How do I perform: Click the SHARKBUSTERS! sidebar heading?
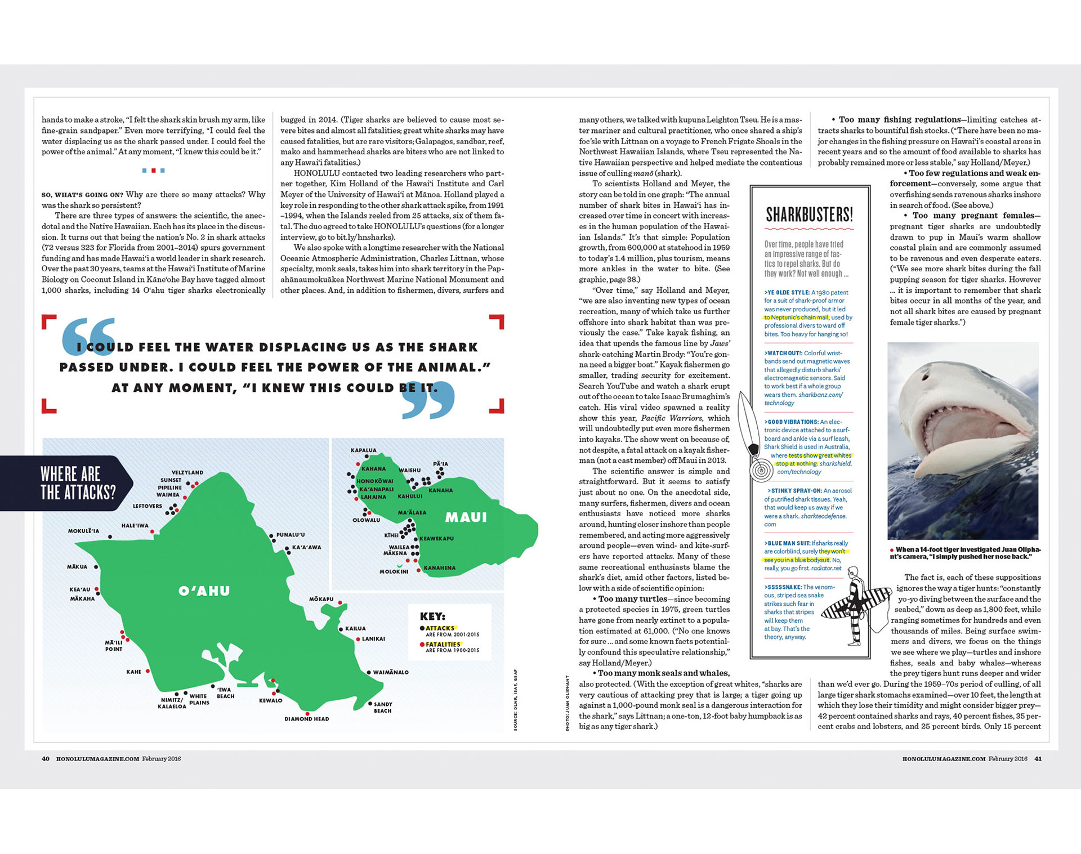(x=809, y=214)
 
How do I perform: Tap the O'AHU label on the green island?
(x=204, y=591)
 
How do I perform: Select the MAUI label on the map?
(x=466, y=517)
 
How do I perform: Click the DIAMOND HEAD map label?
(x=306, y=719)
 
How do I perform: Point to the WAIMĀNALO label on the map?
(x=391, y=672)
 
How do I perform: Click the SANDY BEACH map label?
(x=383, y=708)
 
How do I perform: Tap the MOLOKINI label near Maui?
(x=394, y=571)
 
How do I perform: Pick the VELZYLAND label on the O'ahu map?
(x=187, y=473)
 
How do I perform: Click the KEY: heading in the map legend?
(x=432, y=616)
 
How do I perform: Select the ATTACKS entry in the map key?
(x=440, y=628)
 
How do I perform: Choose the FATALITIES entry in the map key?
(x=443, y=645)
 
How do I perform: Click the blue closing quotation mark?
(x=428, y=400)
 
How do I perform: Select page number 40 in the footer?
(x=46, y=759)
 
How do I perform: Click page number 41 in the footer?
(x=1038, y=759)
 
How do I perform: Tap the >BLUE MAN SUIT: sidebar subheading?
(x=787, y=543)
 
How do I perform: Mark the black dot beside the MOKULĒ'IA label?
(x=110, y=537)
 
